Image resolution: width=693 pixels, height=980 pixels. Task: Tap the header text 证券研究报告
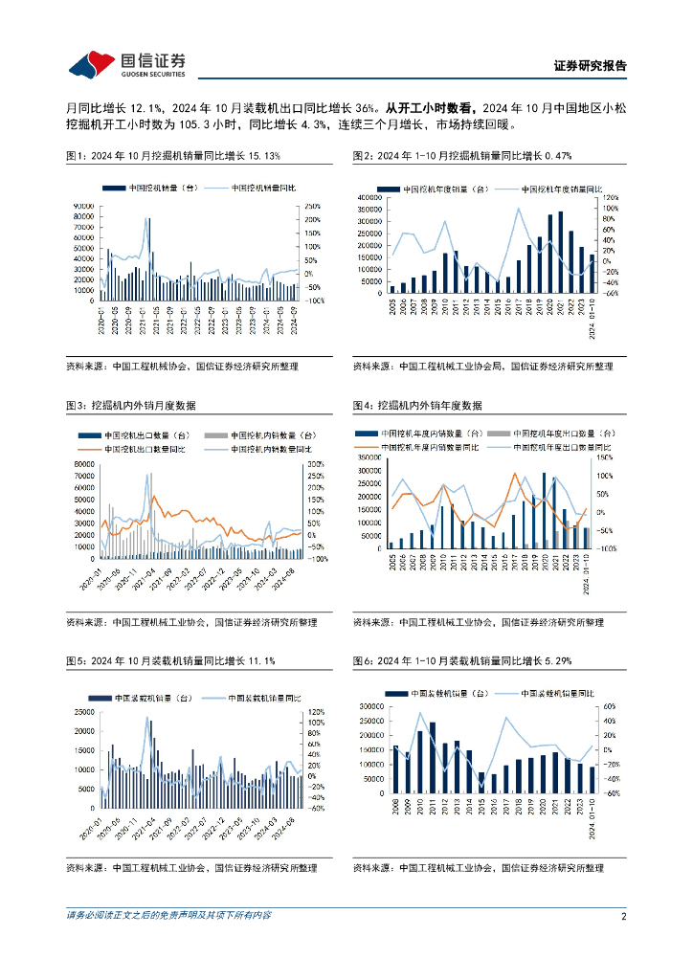point(591,66)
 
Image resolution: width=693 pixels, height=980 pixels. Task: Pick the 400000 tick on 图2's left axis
point(369,198)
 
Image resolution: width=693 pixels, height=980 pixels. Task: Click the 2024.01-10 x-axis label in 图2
point(592,318)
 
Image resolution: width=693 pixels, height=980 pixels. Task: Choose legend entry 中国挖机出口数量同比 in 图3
point(146,449)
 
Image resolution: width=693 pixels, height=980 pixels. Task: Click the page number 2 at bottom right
point(623,916)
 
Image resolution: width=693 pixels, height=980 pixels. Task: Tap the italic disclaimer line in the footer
point(168,916)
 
